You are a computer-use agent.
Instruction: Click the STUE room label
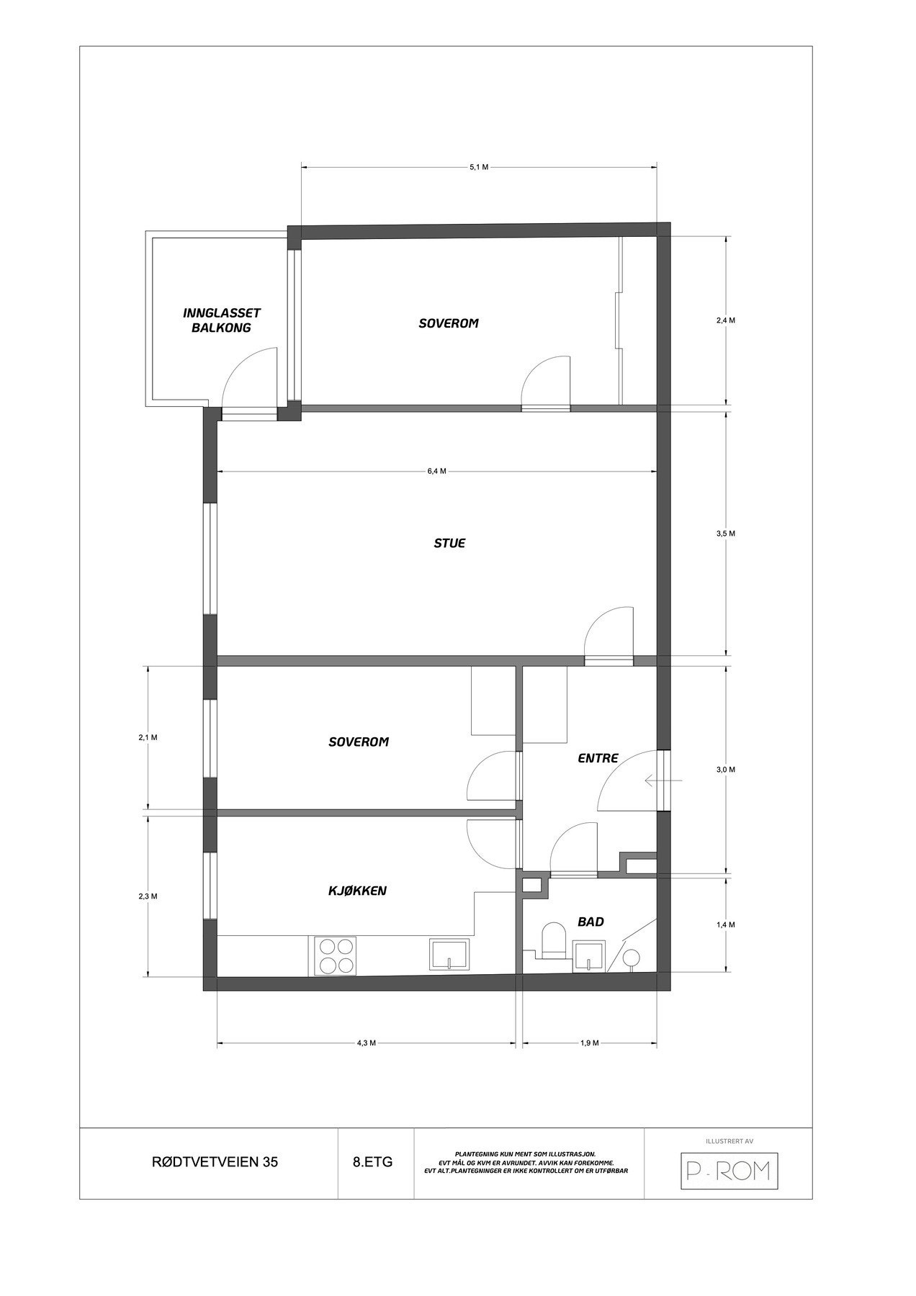(x=449, y=543)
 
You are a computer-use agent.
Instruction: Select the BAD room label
(x=591, y=922)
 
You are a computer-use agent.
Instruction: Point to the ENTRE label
(x=598, y=758)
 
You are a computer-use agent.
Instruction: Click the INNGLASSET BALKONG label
(x=221, y=320)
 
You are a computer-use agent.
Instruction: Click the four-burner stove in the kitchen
(x=335, y=955)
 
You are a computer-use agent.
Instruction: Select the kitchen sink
(x=449, y=955)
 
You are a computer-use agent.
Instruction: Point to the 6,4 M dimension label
(x=436, y=472)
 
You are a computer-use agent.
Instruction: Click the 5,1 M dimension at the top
(x=479, y=167)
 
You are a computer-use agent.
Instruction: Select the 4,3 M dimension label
(x=367, y=1043)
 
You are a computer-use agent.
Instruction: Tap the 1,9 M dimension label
(x=589, y=1043)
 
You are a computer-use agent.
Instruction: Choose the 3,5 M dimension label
(x=725, y=534)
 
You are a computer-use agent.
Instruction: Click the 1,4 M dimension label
(x=725, y=924)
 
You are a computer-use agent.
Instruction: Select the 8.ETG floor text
(x=373, y=1162)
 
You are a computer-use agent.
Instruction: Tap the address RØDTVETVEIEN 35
(x=209, y=1162)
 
